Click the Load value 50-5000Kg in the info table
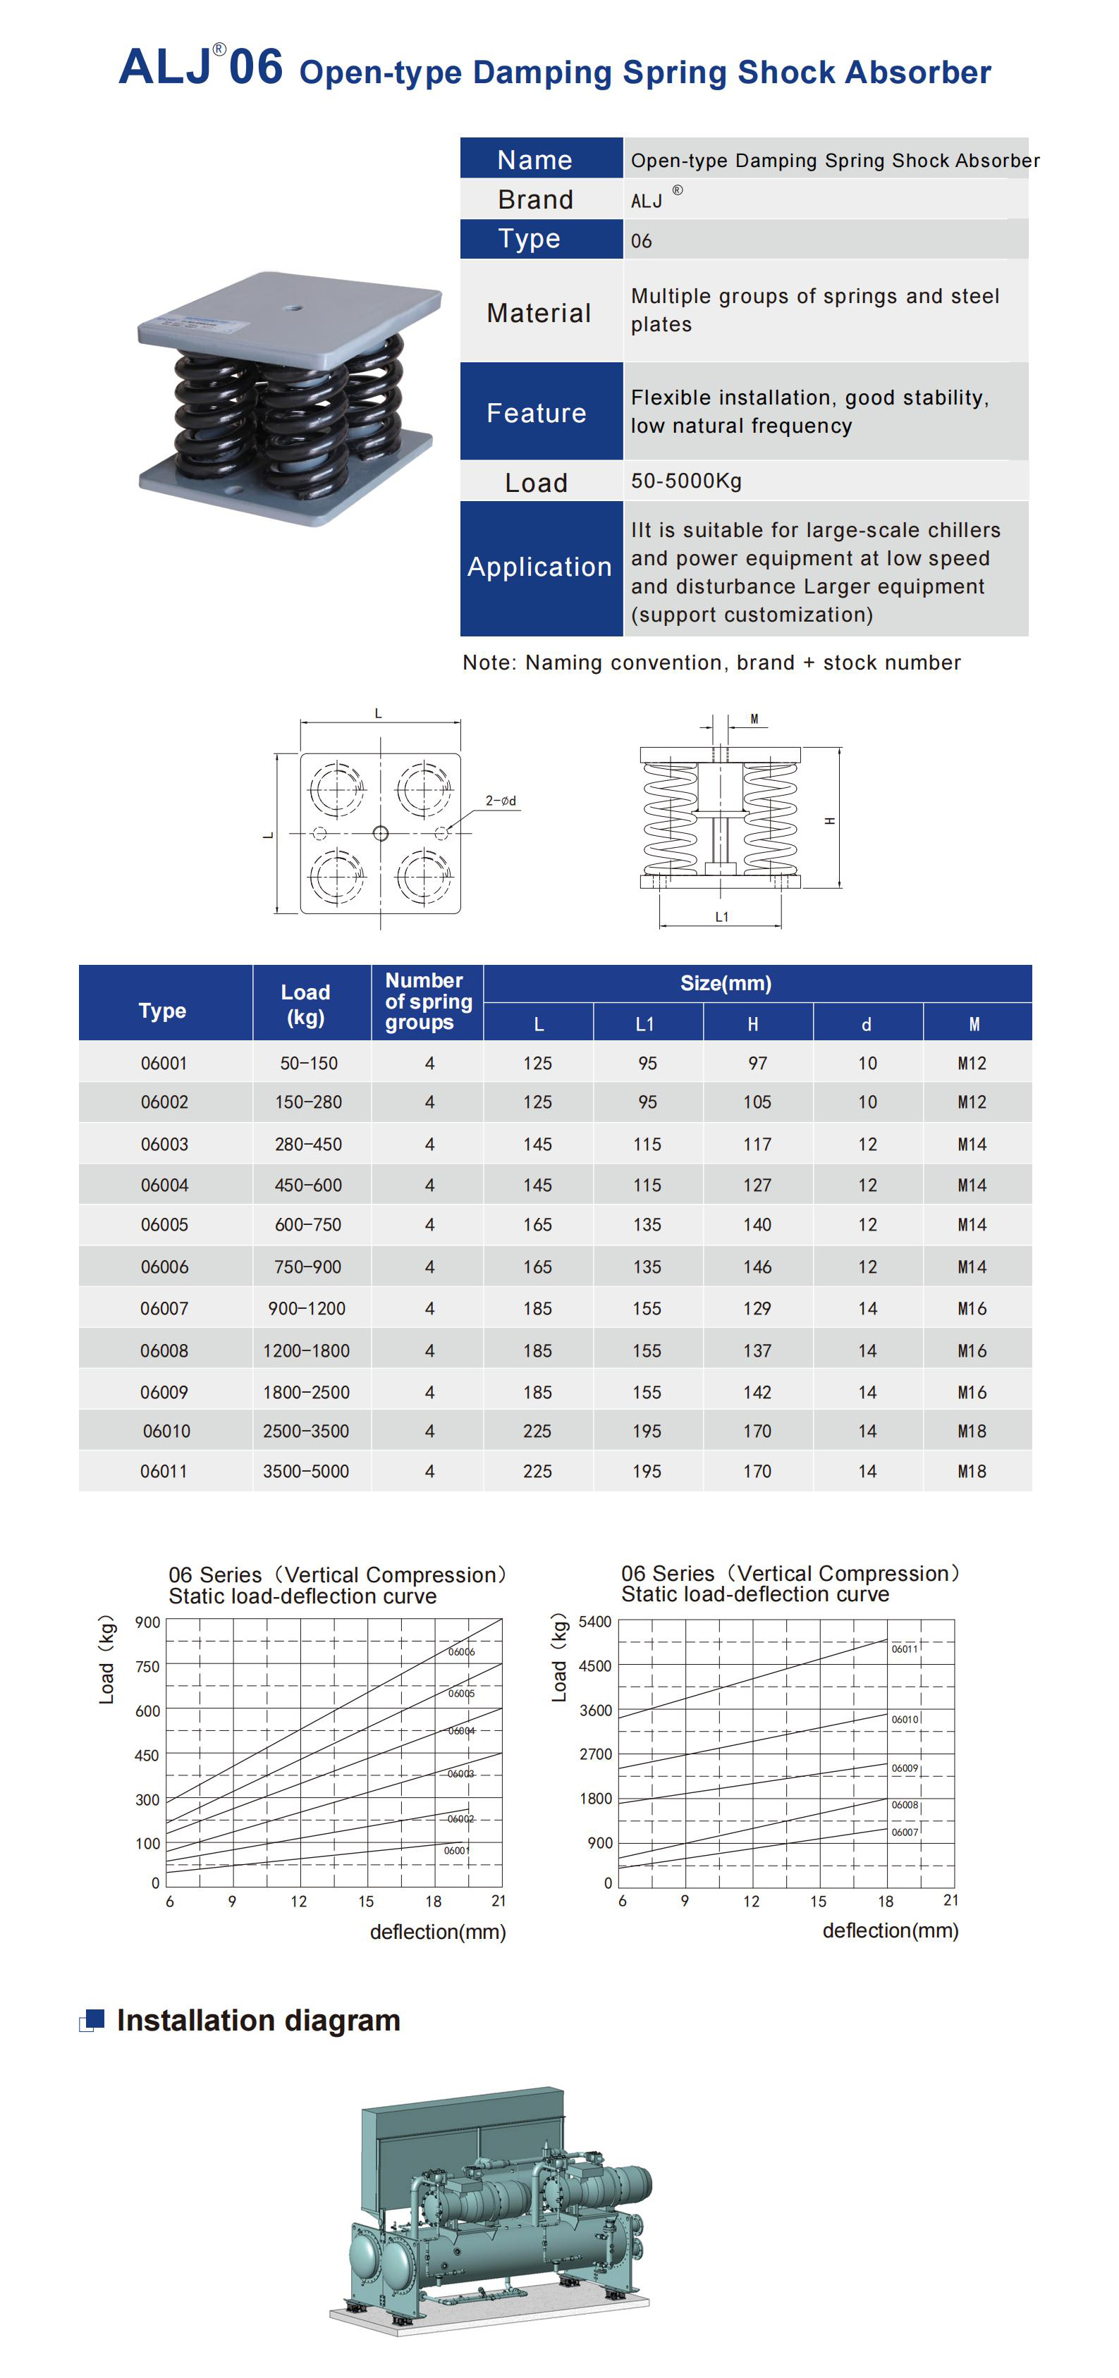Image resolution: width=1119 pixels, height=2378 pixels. [686, 481]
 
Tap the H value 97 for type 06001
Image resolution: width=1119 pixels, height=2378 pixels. [757, 1064]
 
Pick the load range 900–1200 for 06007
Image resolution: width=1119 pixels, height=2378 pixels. [307, 1308]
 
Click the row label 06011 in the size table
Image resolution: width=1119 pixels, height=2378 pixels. [164, 1472]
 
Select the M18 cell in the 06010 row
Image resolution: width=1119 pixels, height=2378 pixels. [971, 1431]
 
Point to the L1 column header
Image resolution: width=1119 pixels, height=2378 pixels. [645, 1024]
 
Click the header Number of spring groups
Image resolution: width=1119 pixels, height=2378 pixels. [427, 1002]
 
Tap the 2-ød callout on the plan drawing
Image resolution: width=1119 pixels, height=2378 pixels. [501, 801]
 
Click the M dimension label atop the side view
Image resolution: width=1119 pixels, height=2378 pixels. [754, 719]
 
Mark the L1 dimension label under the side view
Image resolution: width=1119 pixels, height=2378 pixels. [721, 917]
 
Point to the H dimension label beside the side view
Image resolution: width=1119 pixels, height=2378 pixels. [830, 820]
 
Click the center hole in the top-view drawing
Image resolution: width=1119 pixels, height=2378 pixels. [380, 834]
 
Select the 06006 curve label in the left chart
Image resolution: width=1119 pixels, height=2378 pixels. [460, 1651]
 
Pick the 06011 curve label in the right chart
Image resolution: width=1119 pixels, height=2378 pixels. [904, 1649]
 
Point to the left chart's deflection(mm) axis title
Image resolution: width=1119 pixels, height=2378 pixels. [438, 1932]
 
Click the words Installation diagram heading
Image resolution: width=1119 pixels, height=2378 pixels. [259, 2021]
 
